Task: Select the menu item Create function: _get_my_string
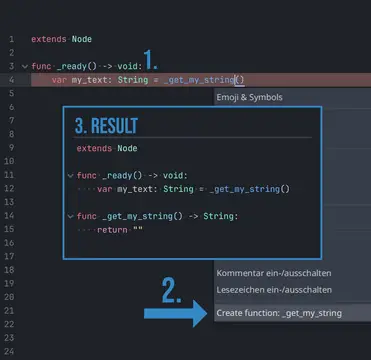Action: pyautogui.click(x=279, y=313)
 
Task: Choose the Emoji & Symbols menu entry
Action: pyautogui.click(x=250, y=97)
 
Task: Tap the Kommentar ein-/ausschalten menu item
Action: pyautogui.click(x=274, y=273)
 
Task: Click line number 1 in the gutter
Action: pyautogui.click(x=10, y=39)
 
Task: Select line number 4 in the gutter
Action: pyautogui.click(x=10, y=79)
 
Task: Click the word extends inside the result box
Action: pyautogui.click(x=95, y=148)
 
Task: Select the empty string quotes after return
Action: pyautogui.click(x=137, y=229)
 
